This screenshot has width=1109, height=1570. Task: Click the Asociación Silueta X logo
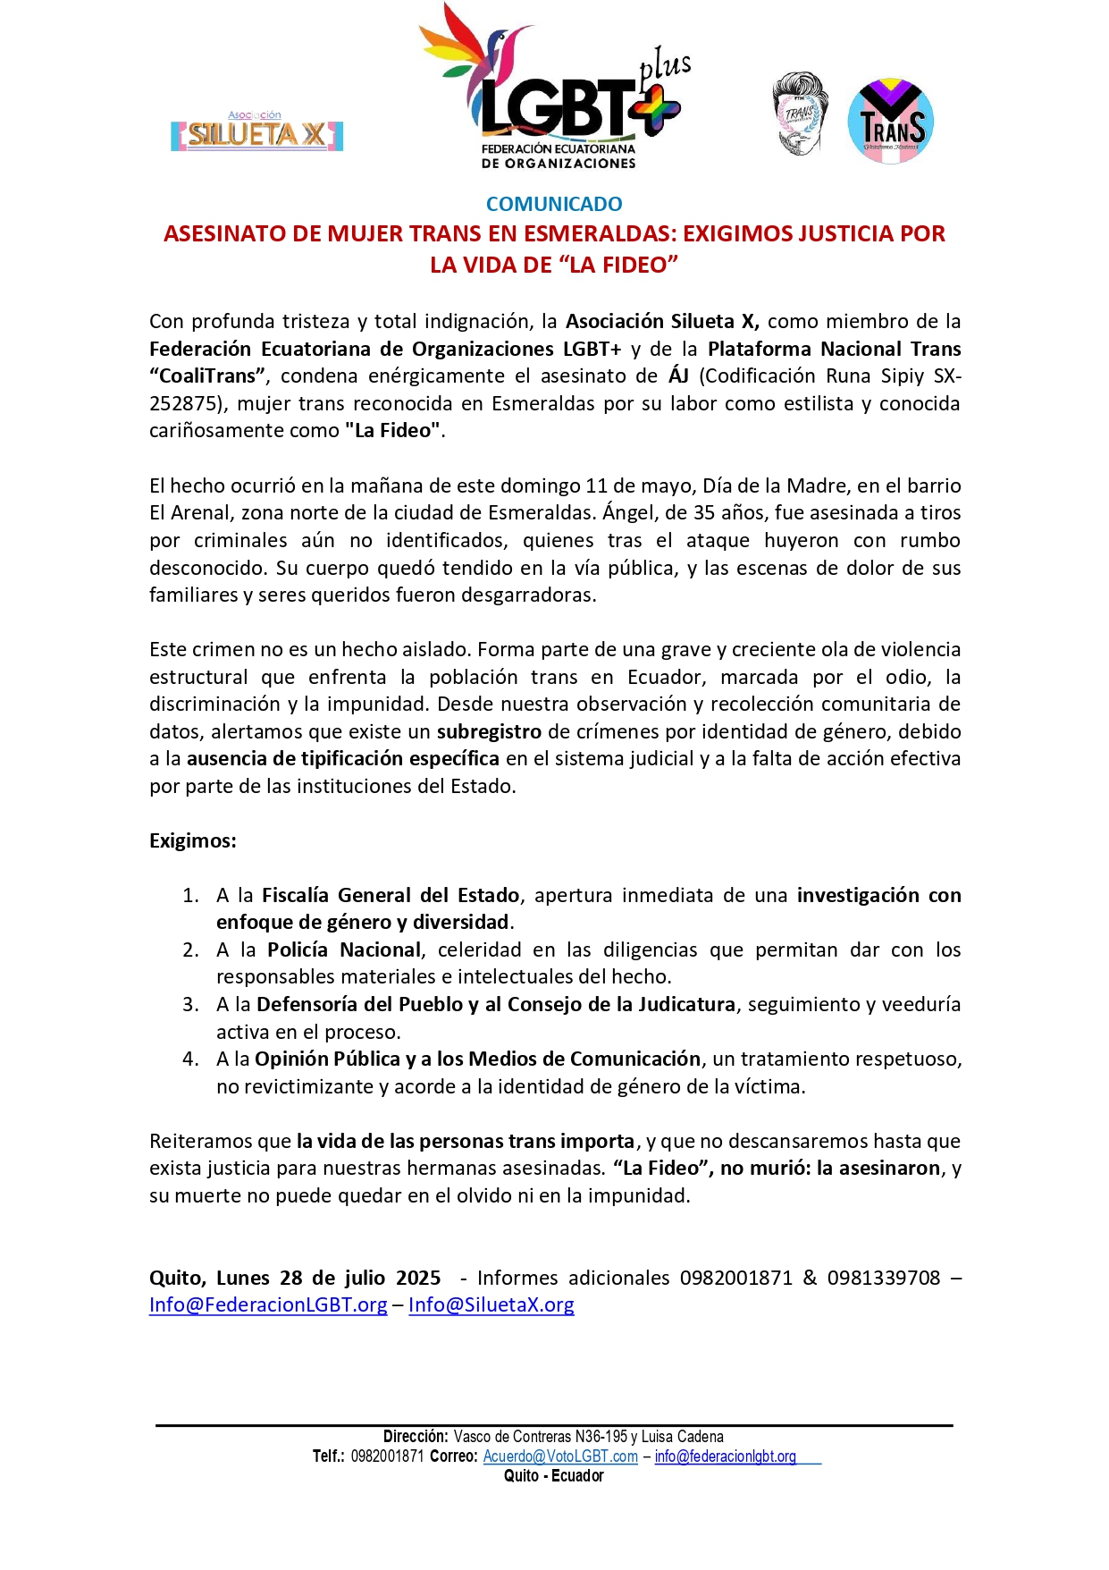[x=257, y=132]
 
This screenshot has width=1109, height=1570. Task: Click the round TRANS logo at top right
[x=890, y=122]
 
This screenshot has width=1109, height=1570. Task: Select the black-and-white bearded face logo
[x=800, y=114]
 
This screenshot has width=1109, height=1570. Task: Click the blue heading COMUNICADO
[x=554, y=204]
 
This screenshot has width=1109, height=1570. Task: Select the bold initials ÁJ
[x=678, y=376]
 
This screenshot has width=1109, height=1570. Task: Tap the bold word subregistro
[x=489, y=731]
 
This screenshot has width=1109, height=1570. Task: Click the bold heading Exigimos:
[x=193, y=840]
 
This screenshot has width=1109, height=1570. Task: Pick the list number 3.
[x=190, y=1004]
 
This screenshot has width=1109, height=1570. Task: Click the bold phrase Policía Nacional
[x=344, y=950]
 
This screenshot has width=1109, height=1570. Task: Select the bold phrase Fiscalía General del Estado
[x=391, y=895]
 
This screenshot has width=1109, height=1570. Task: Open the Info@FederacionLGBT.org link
[x=268, y=1304]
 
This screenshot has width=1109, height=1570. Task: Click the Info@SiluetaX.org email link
[x=491, y=1304]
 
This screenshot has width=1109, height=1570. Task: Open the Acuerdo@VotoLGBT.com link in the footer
[x=560, y=1456]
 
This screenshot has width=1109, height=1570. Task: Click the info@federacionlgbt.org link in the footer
[x=725, y=1456]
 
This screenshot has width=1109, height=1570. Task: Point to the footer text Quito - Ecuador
[x=554, y=1476]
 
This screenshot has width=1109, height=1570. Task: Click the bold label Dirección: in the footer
[x=416, y=1437]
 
